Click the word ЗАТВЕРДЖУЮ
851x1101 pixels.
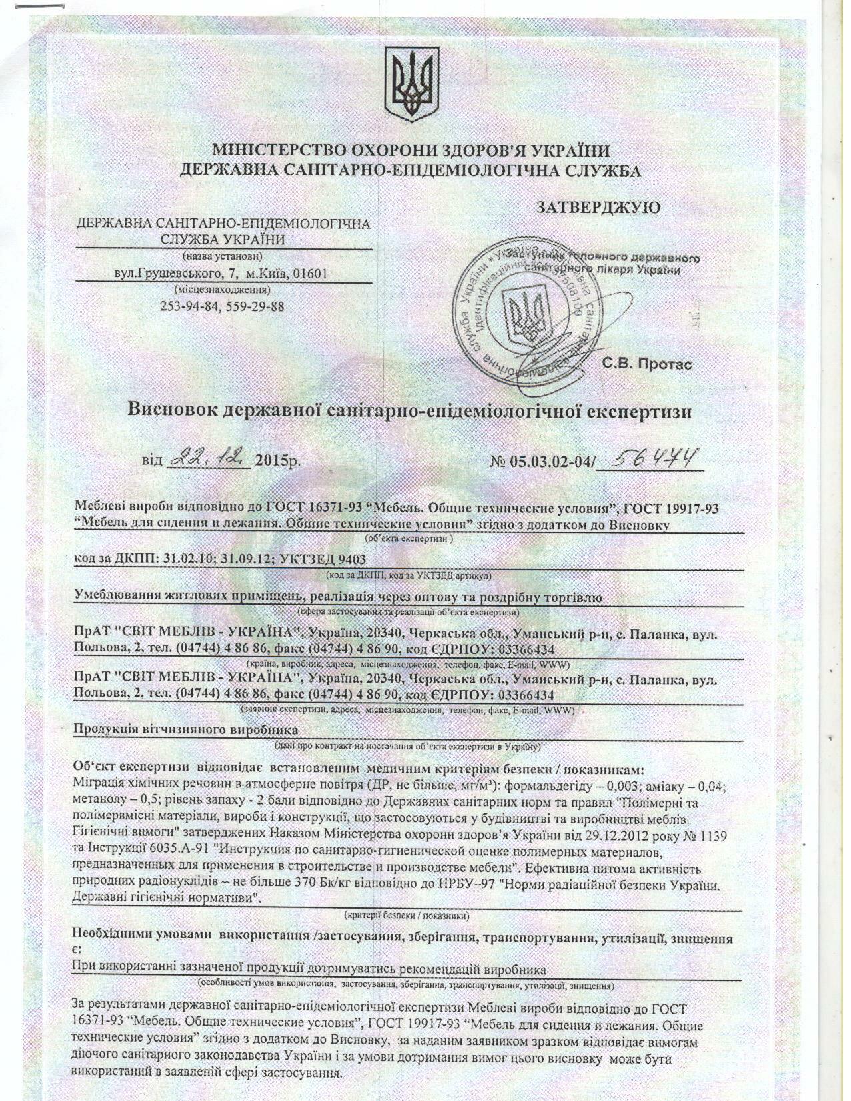pyautogui.click(x=598, y=207)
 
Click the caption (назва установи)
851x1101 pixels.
pyautogui.click(x=222, y=256)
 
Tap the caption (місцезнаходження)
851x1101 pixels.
pyautogui.click(x=222, y=290)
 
